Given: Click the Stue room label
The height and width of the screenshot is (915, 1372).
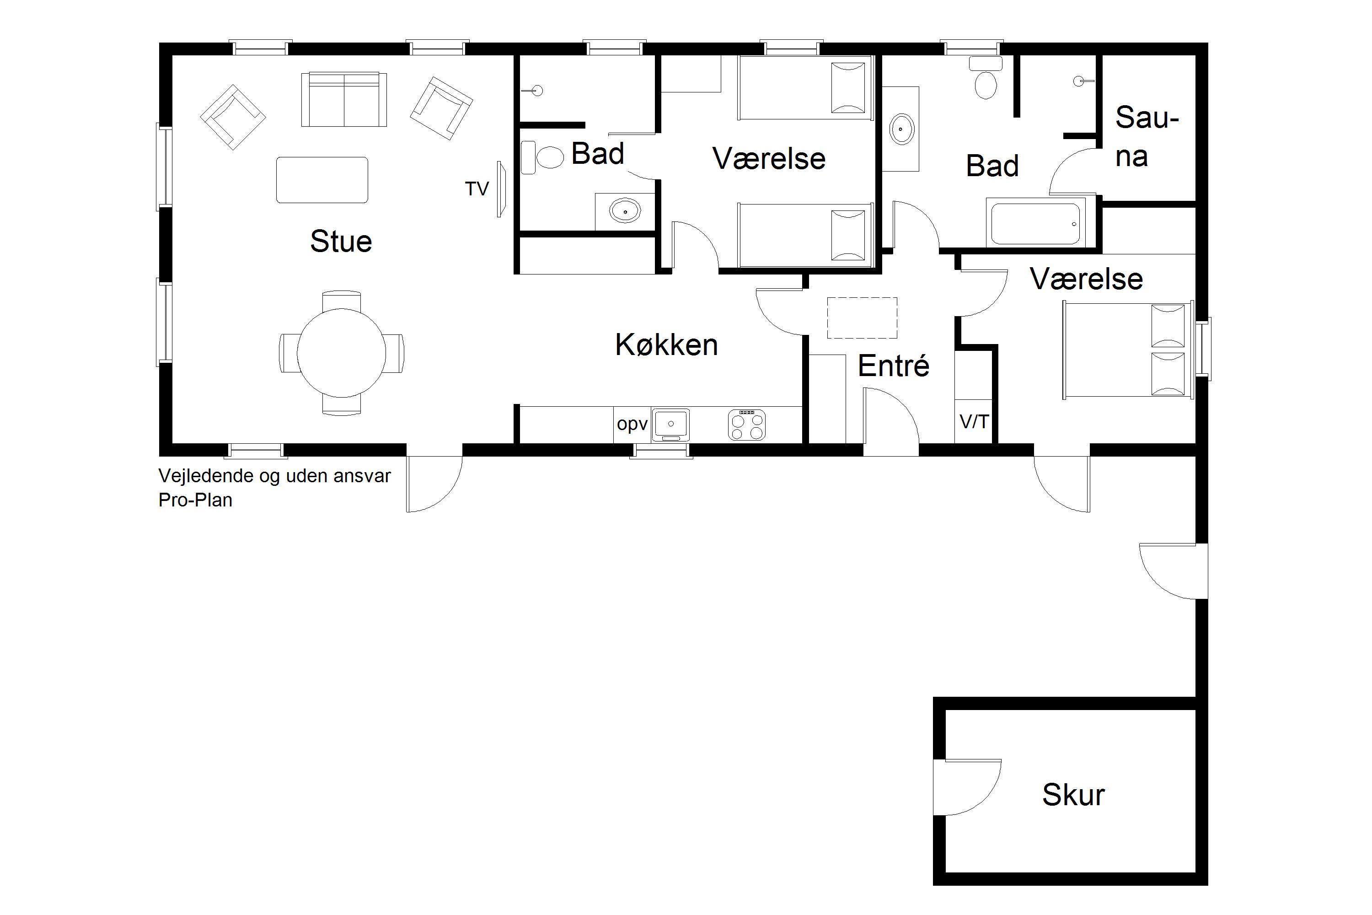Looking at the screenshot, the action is [341, 241].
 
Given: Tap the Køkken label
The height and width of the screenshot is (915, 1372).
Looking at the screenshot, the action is [667, 344].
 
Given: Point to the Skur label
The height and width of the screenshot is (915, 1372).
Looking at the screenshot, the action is [1073, 794].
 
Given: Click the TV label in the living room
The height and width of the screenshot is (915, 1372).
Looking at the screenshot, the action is [477, 188].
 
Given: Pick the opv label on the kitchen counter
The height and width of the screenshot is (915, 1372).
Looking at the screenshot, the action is [632, 424].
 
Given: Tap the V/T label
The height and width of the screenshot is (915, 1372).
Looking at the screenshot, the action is [974, 421].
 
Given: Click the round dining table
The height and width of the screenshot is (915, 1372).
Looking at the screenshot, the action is [341, 352].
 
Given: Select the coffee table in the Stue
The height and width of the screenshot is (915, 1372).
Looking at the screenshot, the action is [322, 180].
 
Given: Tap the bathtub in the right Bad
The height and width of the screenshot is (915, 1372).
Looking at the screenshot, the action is [1035, 222].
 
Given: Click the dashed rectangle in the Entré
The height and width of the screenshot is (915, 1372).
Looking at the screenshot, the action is [862, 318].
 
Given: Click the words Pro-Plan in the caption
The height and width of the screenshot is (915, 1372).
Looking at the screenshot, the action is [195, 500].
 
